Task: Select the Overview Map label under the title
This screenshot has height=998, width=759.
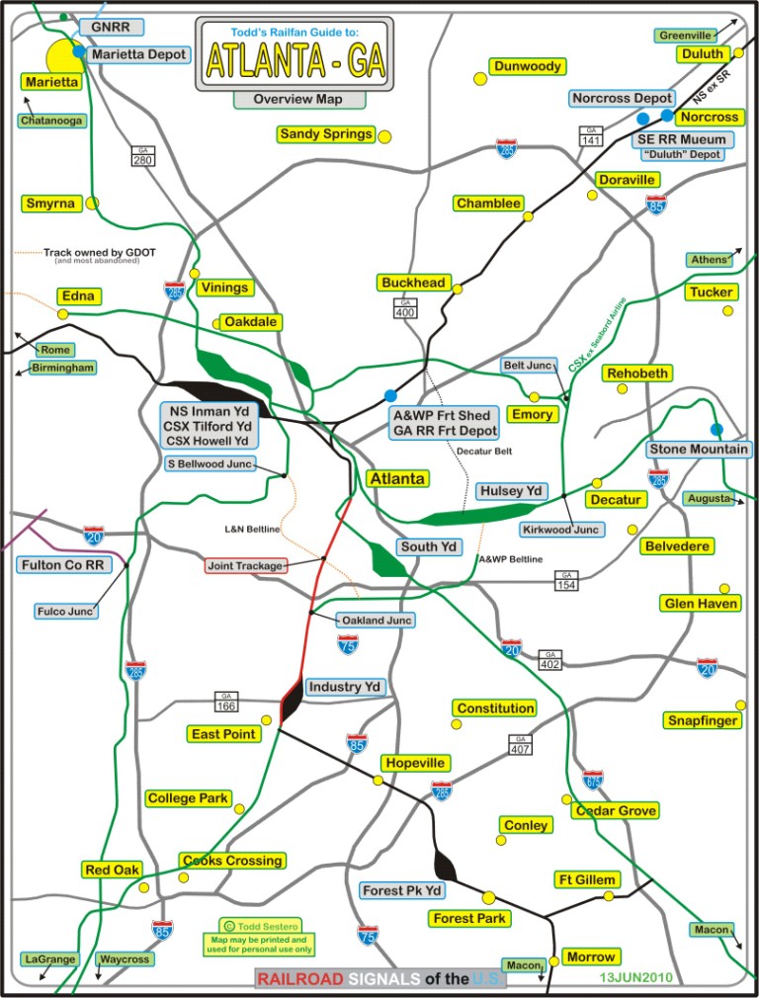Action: click(x=298, y=99)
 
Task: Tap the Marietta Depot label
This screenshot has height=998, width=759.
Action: click(x=138, y=55)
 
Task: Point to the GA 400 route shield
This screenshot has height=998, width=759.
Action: click(x=405, y=307)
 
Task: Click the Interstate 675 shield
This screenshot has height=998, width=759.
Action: click(x=592, y=780)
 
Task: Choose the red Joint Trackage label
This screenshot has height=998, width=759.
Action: click(x=246, y=566)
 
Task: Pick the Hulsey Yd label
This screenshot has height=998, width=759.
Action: click(x=511, y=491)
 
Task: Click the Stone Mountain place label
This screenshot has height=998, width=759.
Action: click(x=698, y=450)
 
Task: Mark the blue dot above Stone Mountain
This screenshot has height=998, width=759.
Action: click(x=717, y=429)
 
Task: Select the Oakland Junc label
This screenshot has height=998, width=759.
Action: click(x=376, y=621)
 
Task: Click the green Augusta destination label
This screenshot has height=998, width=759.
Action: click(x=710, y=498)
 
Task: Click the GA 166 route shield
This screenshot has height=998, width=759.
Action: click(x=225, y=702)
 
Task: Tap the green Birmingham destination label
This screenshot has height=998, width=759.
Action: click(x=63, y=368)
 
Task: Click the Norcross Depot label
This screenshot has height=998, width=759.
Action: click(x=623, y=98)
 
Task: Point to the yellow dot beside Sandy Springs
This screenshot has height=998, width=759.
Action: click(x=385, y=136)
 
